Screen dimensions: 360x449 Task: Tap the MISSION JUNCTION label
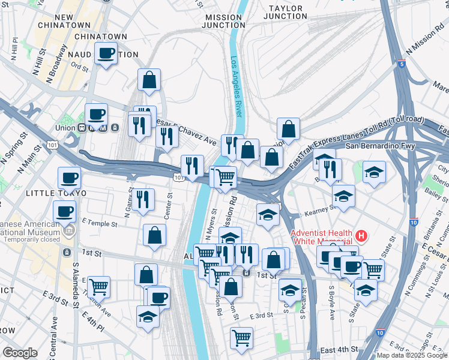(x=224, y=22)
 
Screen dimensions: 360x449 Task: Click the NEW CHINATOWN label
(x=64, y=21)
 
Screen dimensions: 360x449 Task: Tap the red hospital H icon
(x=361, y=235)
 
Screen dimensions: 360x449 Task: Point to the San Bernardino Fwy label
(x=382, y=146)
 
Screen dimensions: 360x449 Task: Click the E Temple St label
(x=100, y=223)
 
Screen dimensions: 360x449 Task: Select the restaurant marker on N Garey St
(x=143, y=199)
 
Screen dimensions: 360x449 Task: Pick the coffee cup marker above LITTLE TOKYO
(x=69, y=178)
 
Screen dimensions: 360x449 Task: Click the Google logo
(x=20, y=352)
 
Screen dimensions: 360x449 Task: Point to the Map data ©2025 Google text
(x=411, y=355)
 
